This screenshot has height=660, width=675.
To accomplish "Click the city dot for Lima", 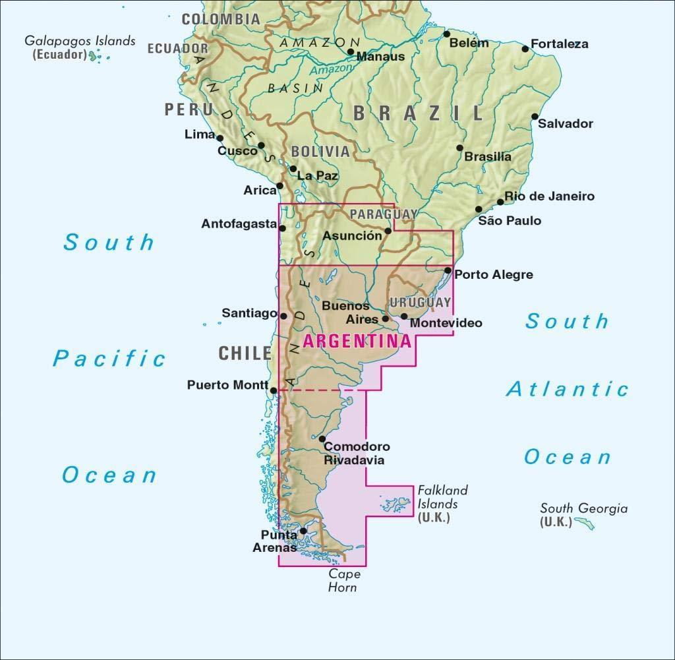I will pyautogui.click(x=220, y=138).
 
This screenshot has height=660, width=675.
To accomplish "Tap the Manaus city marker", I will pyautogui.click(x=351, y=51).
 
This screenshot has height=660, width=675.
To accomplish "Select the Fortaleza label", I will pyautogui.click(x=559, y=44).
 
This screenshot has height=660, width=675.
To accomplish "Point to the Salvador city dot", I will pyautogui.click(x=535, y=117).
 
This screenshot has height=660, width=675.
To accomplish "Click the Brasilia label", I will pyautogui.click(x=488, y=157).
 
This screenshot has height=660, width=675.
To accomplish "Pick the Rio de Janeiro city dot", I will pyautogui.click(x=500, y=202).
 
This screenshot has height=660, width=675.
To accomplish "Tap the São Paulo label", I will pyautogui.click(x=510, y=221).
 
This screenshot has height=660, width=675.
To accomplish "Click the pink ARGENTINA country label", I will pyautogui.click(x=357, y=342).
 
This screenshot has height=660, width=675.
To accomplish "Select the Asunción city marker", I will pyautogui.click(x=388, y=231).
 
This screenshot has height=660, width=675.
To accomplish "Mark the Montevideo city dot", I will pyautogui.click(x=404, y=316).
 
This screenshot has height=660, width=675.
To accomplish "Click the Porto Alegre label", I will pyautogui.click(x=494, y=274).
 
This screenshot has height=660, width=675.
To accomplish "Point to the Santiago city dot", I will pyautogui.click(x=283, y=316).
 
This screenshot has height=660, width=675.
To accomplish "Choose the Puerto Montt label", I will pyautogui.click(x=227, y=385).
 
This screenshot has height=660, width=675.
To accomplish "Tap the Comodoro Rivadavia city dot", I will pyautogui.click(x=322, y=438).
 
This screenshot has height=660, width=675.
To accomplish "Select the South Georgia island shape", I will pyautogui.click(x=584, y=524).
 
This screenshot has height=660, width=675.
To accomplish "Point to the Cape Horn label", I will pyautogui.click(x=344, y=580).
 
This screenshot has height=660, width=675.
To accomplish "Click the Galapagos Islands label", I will pyautogui.click(x=80, y=41).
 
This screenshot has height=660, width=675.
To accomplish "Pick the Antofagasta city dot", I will pyautogui.click(x=282, y=228).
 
